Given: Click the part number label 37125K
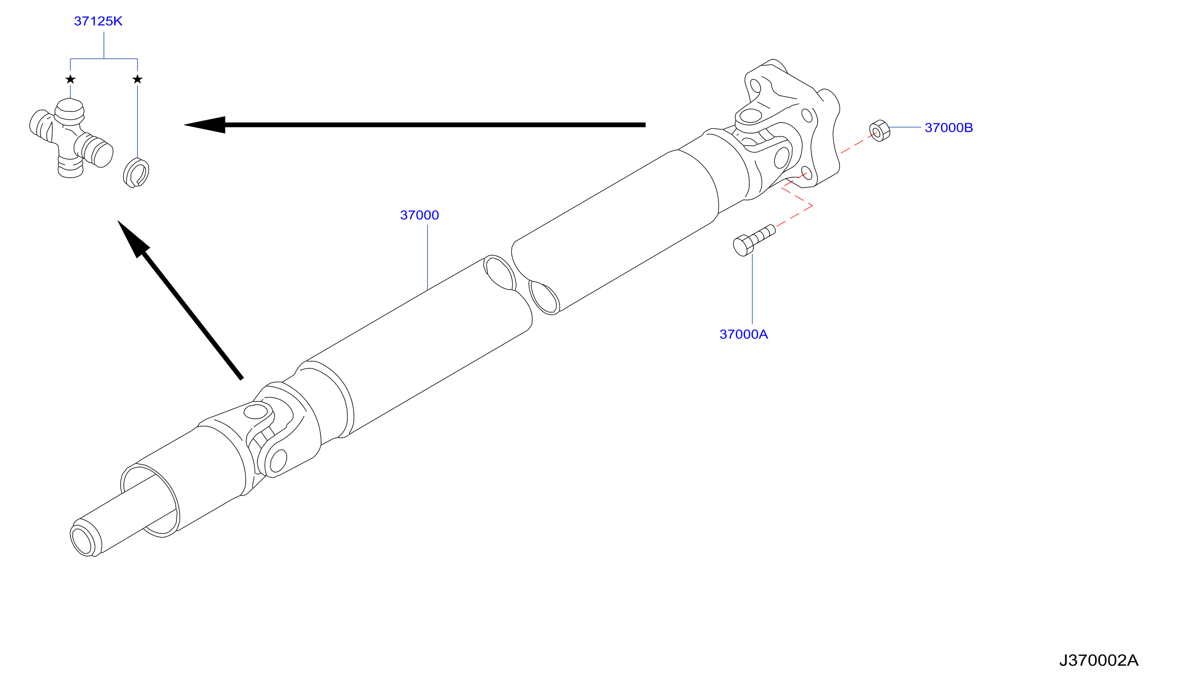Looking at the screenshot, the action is (98, 21).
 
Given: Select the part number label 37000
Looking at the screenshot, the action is (419, 215).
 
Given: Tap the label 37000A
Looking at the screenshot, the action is (744, 335).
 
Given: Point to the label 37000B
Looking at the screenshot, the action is (948, 127).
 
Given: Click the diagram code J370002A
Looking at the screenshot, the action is (1099, 660).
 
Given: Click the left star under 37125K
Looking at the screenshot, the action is (70, 79).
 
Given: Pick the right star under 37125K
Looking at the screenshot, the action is (138, 79).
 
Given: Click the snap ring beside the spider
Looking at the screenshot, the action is (136, 173).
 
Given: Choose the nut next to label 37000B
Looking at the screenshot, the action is (879, 131).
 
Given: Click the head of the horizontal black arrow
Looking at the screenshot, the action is (205, 125).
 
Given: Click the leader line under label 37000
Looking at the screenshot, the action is (427, 257).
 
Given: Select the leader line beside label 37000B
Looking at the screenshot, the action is (906, 127).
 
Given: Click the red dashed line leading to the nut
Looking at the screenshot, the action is (858, 143).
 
